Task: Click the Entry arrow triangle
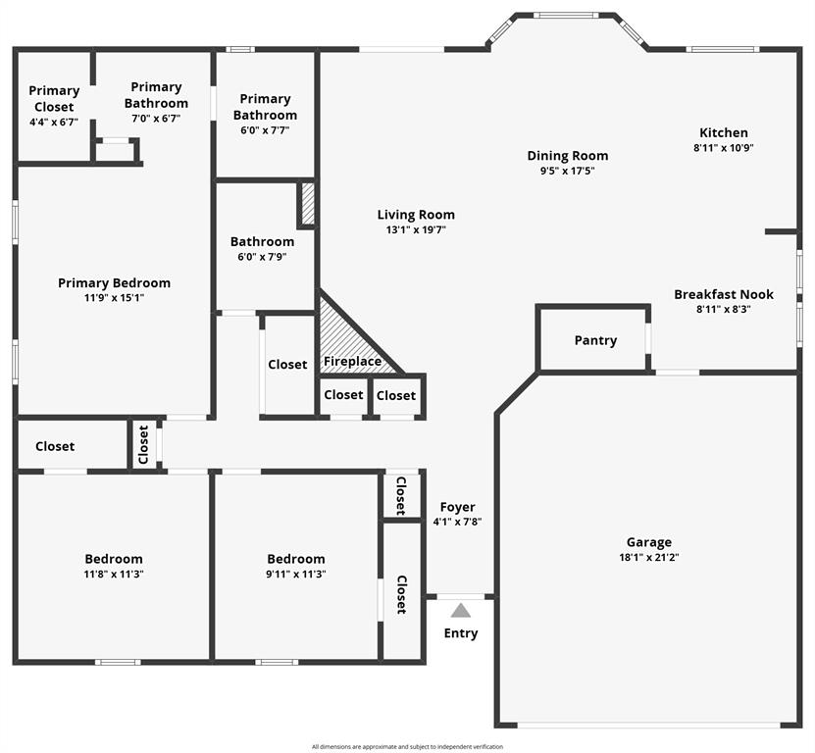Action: [461, 610]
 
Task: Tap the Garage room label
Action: [649, 542]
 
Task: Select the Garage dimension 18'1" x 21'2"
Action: [649, 557]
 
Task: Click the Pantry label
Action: [595, 340]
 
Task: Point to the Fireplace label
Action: [353, 362]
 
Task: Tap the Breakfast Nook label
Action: [724, 294]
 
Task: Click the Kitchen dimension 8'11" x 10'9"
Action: [724, 148]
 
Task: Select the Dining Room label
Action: [568, 155]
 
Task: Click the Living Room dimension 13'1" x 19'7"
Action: [416, 230]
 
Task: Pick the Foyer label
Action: [457, 507]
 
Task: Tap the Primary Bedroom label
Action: [114, 283]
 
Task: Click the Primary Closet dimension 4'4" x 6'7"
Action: [54, 124]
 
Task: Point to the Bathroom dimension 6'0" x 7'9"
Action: [262, 258]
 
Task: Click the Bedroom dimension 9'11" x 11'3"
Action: [296, 575]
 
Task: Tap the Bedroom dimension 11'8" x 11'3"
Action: [114, 575]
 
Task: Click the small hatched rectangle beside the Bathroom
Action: [307, 204]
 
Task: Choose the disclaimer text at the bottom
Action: [407, 746]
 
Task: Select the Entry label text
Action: [461, 633]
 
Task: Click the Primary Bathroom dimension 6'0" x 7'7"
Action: [265, 130]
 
